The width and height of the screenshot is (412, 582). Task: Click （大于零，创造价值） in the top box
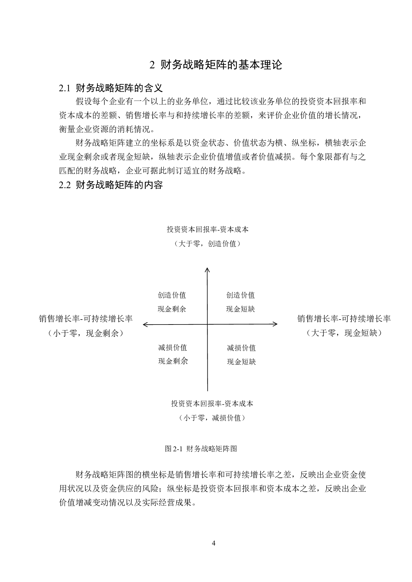tap(207, 244)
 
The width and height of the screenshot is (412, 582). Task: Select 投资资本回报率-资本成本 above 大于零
tap(207, 230)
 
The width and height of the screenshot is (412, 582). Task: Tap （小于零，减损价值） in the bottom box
tap(212, 418)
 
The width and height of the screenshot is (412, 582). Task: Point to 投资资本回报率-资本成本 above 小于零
tap(212, 403)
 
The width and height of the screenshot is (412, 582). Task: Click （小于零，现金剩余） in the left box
tap(85, 333)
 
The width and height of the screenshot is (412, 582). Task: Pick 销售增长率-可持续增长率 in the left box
tap(85, 319)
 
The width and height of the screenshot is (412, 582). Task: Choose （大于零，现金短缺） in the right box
tap(344, 333)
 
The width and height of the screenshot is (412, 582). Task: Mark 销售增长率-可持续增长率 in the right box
tap(344, 319)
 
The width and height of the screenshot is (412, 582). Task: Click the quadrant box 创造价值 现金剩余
tap(176, 299)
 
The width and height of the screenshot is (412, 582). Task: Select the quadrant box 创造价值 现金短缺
tap(241, 299)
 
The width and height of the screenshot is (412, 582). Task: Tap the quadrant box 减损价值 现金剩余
tap(175, 352)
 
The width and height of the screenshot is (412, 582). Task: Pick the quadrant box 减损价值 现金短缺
tap(246, 352)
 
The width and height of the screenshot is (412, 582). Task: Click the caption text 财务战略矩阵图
tap(211, 449)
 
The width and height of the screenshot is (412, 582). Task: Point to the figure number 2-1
tap(178, 449)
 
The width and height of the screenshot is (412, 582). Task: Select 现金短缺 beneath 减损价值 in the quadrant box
tap(241, 362)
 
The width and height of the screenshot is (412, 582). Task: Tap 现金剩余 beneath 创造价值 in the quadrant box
tap(171, 309)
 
